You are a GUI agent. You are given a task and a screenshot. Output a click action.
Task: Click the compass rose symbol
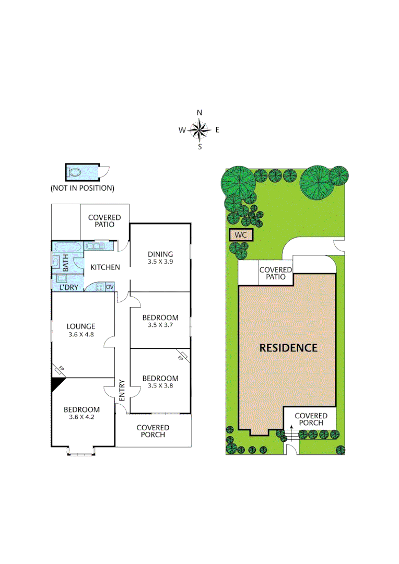[x=199, y=130]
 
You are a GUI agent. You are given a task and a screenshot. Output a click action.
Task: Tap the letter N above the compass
[x=199, y=112]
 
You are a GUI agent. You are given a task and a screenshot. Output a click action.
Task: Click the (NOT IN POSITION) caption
[x=82, y=187]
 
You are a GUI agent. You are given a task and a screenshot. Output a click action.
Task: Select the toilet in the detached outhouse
[x=76, y=172]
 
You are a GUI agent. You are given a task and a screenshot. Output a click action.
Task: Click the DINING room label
[x=160, y=254]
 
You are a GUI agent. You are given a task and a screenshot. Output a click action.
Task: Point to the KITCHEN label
[x=105, y=267]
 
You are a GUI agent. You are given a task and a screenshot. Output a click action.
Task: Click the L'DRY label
[x=68, y=287]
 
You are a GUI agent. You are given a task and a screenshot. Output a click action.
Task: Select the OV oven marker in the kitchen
[x=110, y=287]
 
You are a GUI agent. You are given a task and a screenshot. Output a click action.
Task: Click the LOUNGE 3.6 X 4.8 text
[x=80, y=331]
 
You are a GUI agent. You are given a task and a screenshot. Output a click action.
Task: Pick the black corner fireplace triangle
[x=56, y=385]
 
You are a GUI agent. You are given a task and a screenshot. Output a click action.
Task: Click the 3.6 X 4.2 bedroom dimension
[x=81, y=417]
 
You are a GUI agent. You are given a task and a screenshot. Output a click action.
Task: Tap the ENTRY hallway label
[x=122, y=390]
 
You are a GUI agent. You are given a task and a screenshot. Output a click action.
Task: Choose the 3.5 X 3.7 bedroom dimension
[x=160, y=325]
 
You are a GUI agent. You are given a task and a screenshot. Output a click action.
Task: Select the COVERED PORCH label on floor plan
[x=153, y=431]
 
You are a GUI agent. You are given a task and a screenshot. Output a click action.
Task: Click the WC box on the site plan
[x=240, y=235]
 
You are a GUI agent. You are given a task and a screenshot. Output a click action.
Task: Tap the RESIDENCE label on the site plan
[x=288, y=348]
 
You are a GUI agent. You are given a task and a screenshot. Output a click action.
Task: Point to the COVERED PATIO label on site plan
[x=276, y=273]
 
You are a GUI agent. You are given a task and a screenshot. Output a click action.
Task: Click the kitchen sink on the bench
[x=97, y=245]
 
